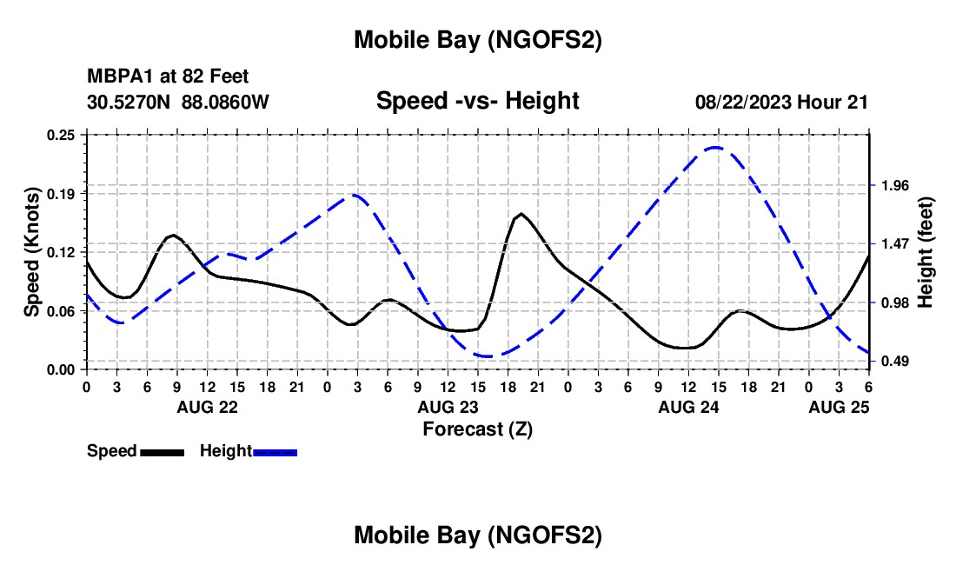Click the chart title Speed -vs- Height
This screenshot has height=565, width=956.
click(x=477, y=102)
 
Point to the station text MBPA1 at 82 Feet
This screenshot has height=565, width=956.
click(x=168, y=77)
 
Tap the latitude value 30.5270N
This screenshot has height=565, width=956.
click(x=130, y=103)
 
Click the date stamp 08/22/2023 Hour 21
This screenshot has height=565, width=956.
click(x=781, y=103)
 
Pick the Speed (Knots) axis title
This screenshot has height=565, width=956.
click(x=32, y=251)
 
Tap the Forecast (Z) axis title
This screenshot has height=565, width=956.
click(x=477, y=429)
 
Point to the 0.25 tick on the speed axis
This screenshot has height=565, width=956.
click(x=60, y=135)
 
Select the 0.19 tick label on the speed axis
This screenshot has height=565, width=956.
click(x=60, y=193)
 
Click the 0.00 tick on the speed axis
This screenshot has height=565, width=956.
click(x=60, y=369)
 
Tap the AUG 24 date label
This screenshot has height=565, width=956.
click(x=687, y=407)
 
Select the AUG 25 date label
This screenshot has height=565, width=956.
click(x=838, y=407)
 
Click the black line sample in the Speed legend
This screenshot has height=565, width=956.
click(x=161, y=452)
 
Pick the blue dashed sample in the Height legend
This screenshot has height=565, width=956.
click(x=275, y=452)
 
